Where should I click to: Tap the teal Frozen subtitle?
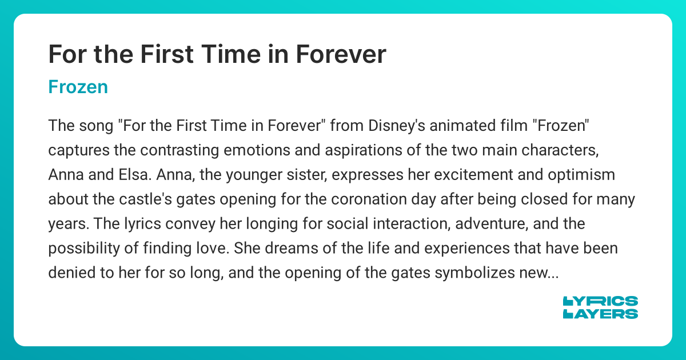point(78,87)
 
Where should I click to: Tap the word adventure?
point(496,224)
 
